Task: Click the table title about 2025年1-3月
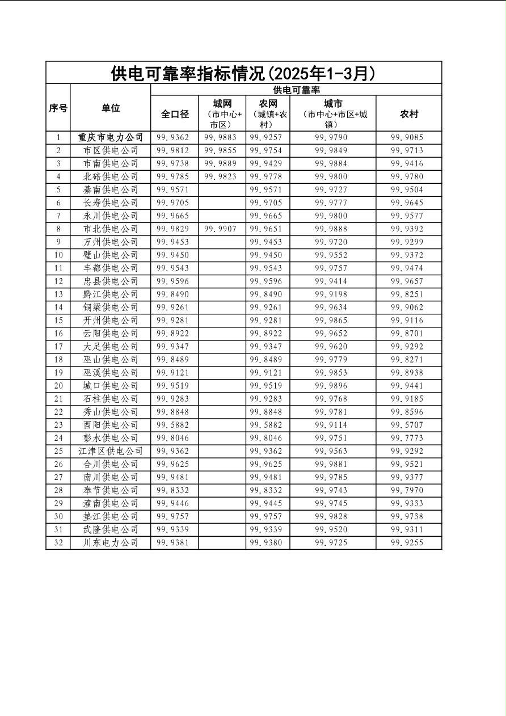(x=243, y=73)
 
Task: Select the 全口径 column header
(x=175, y=113)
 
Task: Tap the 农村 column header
(x=408, y=113)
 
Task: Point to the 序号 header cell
(x=58, y=108)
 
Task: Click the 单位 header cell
(x=111, y=108)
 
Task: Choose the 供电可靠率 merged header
(x=296, y=90)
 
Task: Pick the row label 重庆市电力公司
(x=111, y=137)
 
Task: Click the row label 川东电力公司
(x=111, y=542)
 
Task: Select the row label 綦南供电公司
(x=111, y=189)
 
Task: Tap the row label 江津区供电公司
(x=111, y=451)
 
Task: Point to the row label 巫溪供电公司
(x=111, y=373)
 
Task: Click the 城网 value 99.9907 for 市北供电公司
(x=222, y=229)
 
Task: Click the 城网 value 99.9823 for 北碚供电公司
(x=222, y=176)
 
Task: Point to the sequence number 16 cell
(x=58, y=334)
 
